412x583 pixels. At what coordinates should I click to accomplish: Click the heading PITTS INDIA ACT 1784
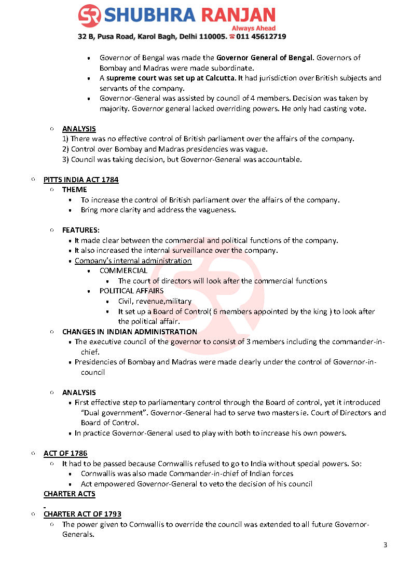point(81,180)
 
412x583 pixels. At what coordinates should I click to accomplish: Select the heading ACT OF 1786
point(65,453)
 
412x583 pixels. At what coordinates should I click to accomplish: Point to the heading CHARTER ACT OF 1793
point(83,514)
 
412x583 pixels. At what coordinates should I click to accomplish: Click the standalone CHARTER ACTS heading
point(70,494)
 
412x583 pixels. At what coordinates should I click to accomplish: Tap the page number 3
point(385,545)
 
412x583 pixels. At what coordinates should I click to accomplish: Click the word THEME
point(75,189)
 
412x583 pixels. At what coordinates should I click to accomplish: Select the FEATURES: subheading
point(81,230)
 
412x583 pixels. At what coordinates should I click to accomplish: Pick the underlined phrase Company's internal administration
point(133,261)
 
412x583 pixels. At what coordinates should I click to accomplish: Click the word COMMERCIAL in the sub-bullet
point(123,270)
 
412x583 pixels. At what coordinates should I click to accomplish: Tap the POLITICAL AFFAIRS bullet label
point(131,291)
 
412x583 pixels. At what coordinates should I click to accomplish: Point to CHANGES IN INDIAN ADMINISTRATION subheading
point(130,332)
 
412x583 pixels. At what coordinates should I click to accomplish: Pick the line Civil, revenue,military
point(155,301)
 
